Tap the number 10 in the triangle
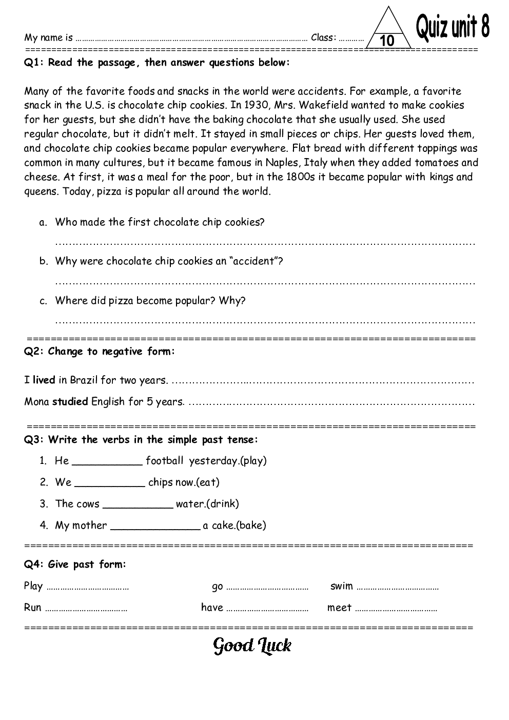[x=388, y=41]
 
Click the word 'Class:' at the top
[x=324, y=37]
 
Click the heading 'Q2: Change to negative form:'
[x=100, y=352]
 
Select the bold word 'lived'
[x=44, y=380]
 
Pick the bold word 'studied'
[x=70, y=402]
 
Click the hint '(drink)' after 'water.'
[x=222, y=504]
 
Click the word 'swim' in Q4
[x=341, y=586]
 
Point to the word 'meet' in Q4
[x=339, y=608]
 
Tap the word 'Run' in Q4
[x=33, y=608]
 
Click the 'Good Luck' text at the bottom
[x=252, y=646]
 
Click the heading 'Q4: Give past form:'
[x=75, y=565]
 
